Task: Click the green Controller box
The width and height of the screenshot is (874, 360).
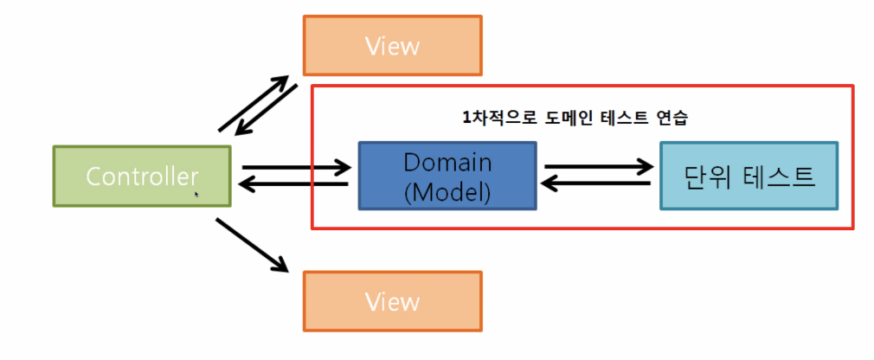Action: coord(142,176)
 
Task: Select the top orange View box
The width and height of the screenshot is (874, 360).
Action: coord(392,44)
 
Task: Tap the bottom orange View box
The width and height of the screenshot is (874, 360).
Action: coord(392,301)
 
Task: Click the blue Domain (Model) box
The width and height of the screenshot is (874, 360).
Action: coord(447,176)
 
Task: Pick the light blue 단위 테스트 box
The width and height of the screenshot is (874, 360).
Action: coord(749,176)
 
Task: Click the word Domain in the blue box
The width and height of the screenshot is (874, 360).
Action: coord(447,162)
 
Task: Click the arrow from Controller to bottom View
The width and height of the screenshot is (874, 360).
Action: coord(252,245)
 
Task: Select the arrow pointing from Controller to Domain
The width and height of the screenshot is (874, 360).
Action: coord(294,166)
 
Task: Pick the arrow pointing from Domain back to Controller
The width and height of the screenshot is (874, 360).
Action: coord(294,183)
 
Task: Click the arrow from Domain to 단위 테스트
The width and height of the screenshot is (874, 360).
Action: coord(597,166)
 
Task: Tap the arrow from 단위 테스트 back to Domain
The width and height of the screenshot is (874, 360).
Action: coord(597,183)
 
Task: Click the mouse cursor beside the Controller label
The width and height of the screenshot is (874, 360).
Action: coord(196,195)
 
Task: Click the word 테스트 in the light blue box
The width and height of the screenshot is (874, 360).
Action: coord(781,176)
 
